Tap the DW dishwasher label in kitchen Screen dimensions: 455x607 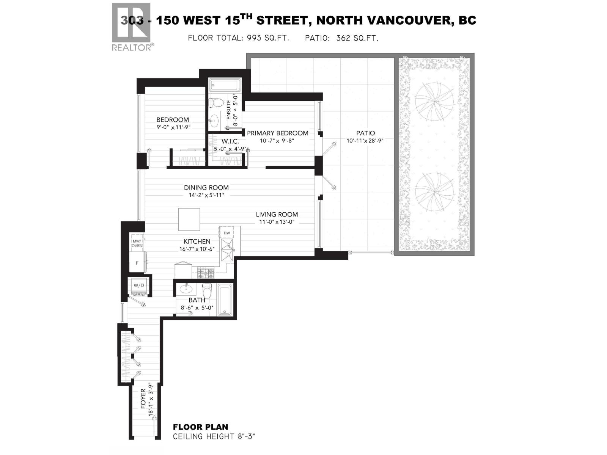tap(227, 233)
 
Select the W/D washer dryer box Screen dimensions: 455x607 tap(139, 285)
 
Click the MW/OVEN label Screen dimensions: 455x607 tap(137, 243)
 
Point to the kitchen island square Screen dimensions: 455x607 tap(189, 219)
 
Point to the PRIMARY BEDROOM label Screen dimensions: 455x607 tap(277, 133)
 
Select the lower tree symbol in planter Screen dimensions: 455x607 tap(434, 191)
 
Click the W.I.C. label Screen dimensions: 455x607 tap(230, 141)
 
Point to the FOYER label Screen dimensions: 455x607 tap(143, 399)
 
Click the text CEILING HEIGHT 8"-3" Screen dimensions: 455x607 tap(214, 437)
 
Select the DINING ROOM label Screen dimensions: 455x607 tap(206, 187)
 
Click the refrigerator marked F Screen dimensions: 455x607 tap(137, 262)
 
